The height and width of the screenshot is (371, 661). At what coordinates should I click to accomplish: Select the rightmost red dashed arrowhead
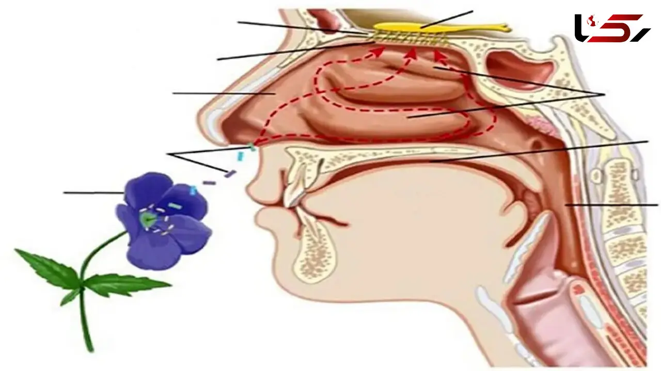[438, 56]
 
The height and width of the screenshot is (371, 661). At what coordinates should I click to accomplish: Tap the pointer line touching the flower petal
[94, 193]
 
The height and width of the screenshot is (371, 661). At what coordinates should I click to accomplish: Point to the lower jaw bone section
[314, 251]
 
